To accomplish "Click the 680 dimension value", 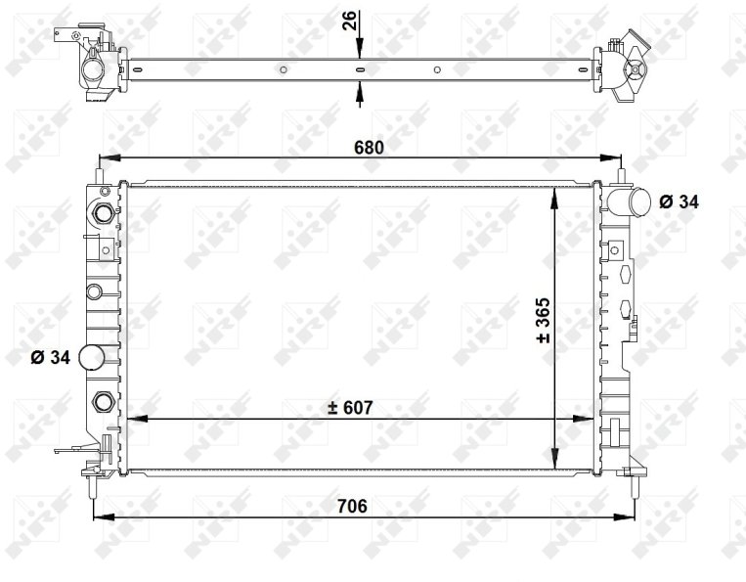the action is click(369, 148).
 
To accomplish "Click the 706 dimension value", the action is click(352, 506).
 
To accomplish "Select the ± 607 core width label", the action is click(351, 408).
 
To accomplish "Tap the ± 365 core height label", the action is click(543, 320).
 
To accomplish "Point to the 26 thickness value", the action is click(350, 21).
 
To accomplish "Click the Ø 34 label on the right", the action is click(679, 201).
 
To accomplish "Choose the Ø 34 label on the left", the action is click(51, 357).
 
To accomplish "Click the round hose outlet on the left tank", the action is click(91, 358).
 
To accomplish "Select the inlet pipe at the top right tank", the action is click(629, 201).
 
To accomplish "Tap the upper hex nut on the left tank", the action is click(103, 212).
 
